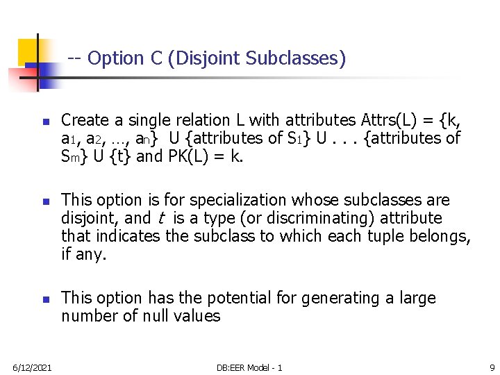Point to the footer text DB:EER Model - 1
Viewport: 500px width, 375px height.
click(249, 367)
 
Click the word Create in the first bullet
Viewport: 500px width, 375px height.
click(83, 119)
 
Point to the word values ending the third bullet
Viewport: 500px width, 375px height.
click(200, 317)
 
